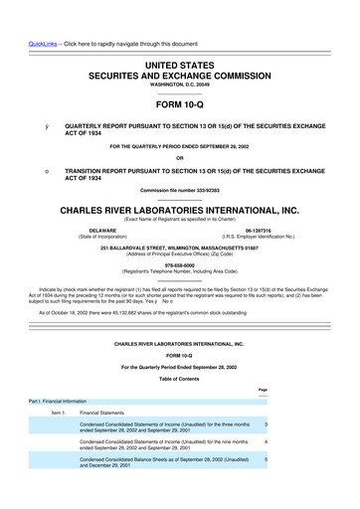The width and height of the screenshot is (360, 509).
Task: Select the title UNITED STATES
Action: pos(179,63)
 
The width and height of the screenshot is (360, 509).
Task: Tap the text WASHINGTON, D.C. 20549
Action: pos(179,85)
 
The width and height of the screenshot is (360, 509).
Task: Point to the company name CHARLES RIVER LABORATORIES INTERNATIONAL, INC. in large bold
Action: pos(179,212)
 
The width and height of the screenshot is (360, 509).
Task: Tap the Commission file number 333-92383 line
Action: pos(179,191)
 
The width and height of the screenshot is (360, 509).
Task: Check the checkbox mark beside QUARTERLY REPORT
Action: pos(33,128)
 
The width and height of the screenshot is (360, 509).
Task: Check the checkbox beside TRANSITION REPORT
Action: pos(33,171)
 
